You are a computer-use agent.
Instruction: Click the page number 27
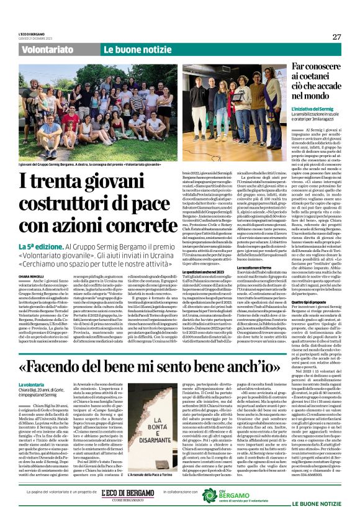point(336,37)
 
